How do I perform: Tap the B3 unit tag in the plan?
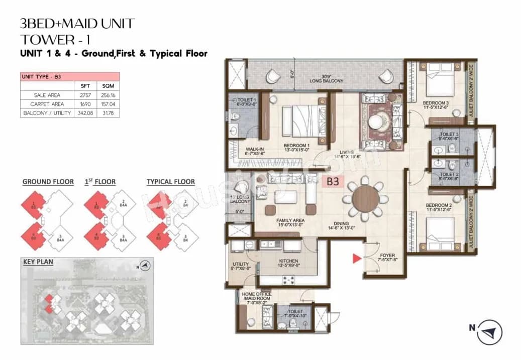332,182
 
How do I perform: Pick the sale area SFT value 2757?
85,95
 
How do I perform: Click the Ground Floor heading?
48,182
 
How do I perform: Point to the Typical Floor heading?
170,182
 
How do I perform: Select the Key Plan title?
38,262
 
